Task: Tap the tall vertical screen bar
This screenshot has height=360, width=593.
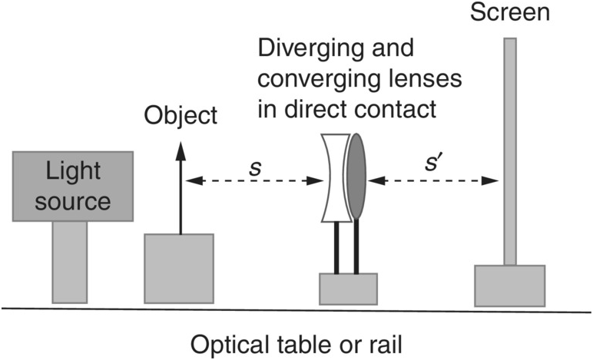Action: (509, 146)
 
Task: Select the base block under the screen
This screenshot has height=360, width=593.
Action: (509, 285)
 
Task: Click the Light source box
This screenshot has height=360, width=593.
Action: (74, 187)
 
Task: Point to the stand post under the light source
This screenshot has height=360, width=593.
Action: (70, 261)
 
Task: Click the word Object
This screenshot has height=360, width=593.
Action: (181, 117)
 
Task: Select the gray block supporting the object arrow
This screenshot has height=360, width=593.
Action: (179, 267)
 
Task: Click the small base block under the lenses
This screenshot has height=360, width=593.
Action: (348, 288)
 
